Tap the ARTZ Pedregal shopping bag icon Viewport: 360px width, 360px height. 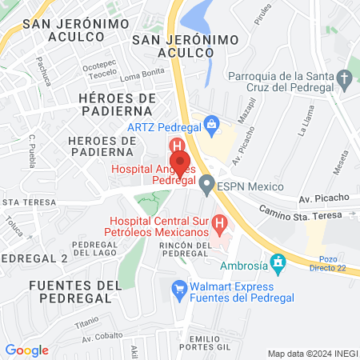tap(211, 124)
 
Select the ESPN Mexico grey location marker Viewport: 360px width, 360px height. tap(206, 186)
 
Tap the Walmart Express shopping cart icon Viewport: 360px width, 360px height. tap(179, 286)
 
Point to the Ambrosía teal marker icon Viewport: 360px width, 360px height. tap(278, 262)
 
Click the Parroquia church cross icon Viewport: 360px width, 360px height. tap(345, 79)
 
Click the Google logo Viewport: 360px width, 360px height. tap(26, 350)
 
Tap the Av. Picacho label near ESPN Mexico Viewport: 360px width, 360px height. tap(324, 197)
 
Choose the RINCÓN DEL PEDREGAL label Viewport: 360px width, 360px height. tap(185, 249)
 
